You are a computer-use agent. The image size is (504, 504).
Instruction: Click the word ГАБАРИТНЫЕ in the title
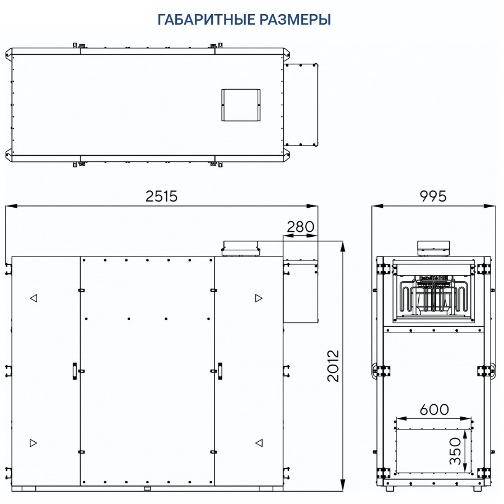coord(207,20)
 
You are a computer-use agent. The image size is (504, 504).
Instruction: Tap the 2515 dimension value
coord(161,197)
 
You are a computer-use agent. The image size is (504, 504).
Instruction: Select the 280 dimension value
coord(300,227)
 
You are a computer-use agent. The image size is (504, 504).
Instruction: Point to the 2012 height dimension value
coord(333,366)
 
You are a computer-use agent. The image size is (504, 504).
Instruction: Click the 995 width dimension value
coord(433,197)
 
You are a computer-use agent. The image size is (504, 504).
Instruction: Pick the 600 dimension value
coord(434,409)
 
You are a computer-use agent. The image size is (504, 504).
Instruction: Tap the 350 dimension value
coord(455,451)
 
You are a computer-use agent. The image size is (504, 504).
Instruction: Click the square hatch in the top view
coord(241,105)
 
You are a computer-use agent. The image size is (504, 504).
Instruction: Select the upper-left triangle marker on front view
coord(34,298)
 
